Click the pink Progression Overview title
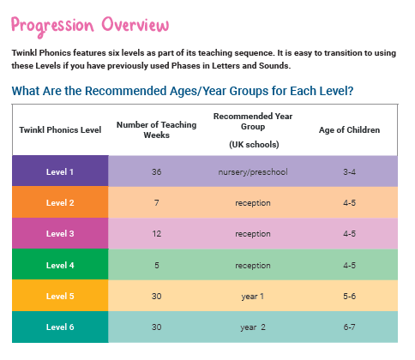pos(90,26)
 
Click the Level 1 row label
pos(60,171)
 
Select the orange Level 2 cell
pos(60,202)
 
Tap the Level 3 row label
pos(60,233)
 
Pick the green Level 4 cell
pos(60,264)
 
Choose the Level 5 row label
pos(60,296)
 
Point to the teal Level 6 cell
pos(60,327)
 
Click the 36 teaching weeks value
pos(156,171)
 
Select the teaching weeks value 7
pos(157,202)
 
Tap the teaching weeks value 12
pos(156,233)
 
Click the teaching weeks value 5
pos(157,265)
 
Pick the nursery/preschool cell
pos(253,172)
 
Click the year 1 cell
pos(253,297)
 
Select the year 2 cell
pos(253,327)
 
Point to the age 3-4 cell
pos(349,171)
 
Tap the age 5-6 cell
pos(349,296)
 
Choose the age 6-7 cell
pos(349,327)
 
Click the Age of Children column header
pos(349,130)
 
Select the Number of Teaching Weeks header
pos(156,129)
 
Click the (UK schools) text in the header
pos(254,144)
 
